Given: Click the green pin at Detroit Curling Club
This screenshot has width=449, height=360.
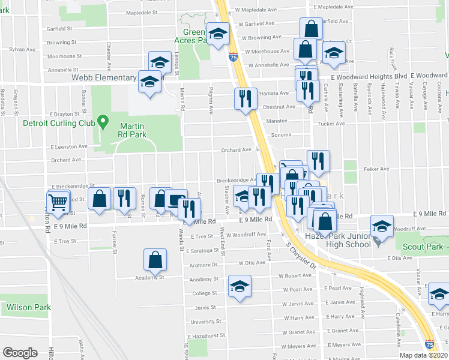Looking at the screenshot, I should [103, 123].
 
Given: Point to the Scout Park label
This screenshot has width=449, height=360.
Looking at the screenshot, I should [423, 247].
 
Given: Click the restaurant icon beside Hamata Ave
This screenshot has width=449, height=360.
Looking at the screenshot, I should [245, 98].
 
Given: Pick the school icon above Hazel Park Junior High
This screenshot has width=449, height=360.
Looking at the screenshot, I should [381, 226].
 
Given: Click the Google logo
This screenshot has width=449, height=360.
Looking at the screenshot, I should [20, 352].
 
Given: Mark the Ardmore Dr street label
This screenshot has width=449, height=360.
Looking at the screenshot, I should [202, 265].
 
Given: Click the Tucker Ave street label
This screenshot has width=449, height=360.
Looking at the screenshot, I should [330, 125].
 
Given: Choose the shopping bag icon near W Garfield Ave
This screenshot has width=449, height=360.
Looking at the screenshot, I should [311, 28].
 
